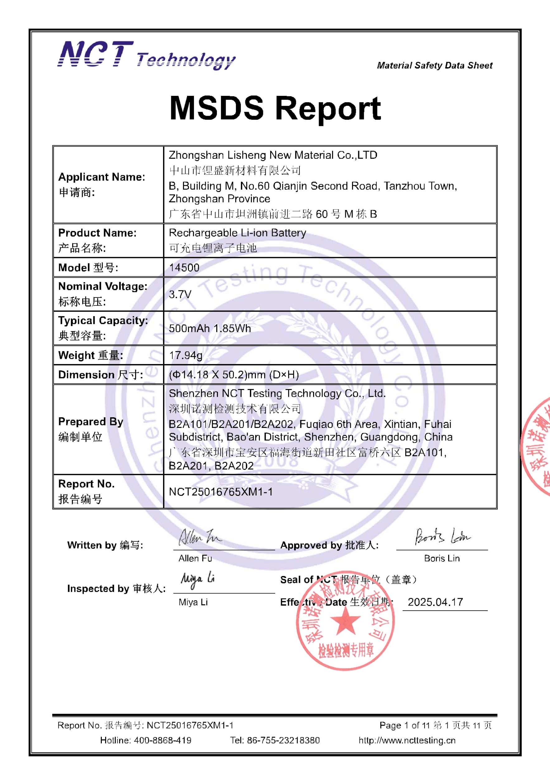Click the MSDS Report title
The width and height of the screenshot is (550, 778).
point(275,108)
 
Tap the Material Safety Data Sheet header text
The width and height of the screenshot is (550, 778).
point(435,65)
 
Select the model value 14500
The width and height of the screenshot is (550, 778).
point(184,268)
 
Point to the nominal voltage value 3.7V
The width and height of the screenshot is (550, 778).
point(180,294)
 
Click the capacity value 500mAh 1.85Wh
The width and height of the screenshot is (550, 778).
point(210,328)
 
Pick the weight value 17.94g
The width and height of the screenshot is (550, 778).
point(186,355)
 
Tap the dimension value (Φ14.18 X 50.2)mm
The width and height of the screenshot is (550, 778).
point(234,375)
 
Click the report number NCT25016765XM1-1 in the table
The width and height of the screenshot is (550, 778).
point(221,492)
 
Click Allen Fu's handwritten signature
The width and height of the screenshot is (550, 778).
point(200,537)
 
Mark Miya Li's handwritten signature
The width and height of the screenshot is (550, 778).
point(198,580)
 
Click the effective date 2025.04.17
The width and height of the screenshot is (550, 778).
point(435,602)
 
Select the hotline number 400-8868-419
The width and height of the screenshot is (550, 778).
point(163,740)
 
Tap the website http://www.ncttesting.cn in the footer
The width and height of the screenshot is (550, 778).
point(407,740)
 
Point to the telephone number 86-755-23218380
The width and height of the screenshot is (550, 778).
point(283,740)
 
